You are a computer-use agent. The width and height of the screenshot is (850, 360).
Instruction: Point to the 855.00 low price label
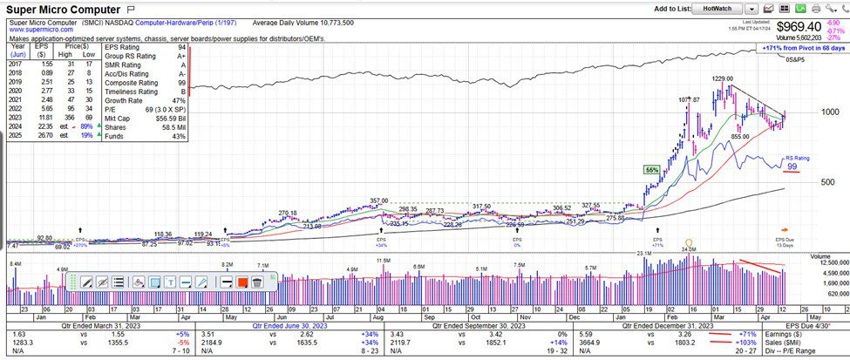pos(739,136)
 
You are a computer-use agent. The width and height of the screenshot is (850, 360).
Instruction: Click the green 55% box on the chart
pos(651,169)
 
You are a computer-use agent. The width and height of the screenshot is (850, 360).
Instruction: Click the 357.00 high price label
pos(378,200)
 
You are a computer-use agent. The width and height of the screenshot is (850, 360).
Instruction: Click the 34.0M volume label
pos(690,250)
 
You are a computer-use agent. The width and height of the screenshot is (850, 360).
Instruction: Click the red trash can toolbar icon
pos(256,282)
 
